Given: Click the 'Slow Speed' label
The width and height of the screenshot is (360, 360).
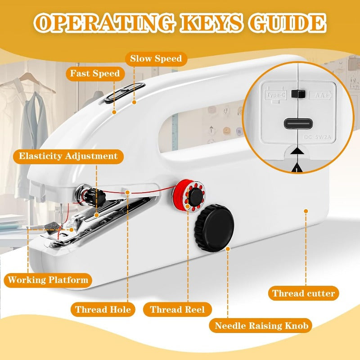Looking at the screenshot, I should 156,58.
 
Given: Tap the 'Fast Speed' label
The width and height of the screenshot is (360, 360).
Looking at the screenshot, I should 94,73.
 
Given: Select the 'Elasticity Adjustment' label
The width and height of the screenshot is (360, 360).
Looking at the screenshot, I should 68,156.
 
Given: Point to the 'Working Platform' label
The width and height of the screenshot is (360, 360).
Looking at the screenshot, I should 48,280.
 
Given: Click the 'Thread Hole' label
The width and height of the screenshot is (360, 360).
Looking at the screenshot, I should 103,310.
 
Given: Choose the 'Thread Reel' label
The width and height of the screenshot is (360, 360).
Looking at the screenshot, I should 177,310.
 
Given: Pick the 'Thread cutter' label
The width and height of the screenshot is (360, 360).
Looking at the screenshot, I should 303,294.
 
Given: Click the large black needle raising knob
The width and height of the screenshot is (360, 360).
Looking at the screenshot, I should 215,225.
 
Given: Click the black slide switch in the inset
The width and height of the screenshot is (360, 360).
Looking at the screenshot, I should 296,94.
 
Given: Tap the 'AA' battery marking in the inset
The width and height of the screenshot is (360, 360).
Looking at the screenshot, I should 320,95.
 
